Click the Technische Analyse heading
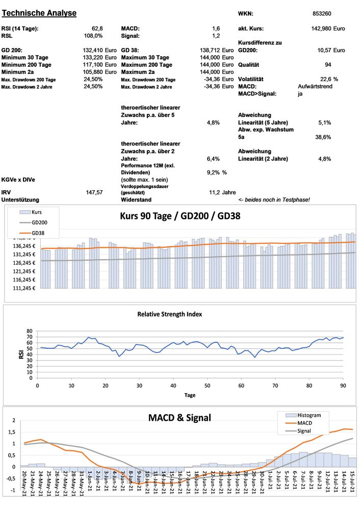pos(39,13)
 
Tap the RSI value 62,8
pos(97,29)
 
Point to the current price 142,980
pos(321,29)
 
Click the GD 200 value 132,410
pos(93,50)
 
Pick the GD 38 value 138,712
pos(210,50)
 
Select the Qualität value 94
pos(328,65)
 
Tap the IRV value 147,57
pos(95,192)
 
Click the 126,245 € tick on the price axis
pos(23,263)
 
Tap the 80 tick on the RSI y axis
pos(29,330)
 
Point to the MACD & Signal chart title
pos(179,418)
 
